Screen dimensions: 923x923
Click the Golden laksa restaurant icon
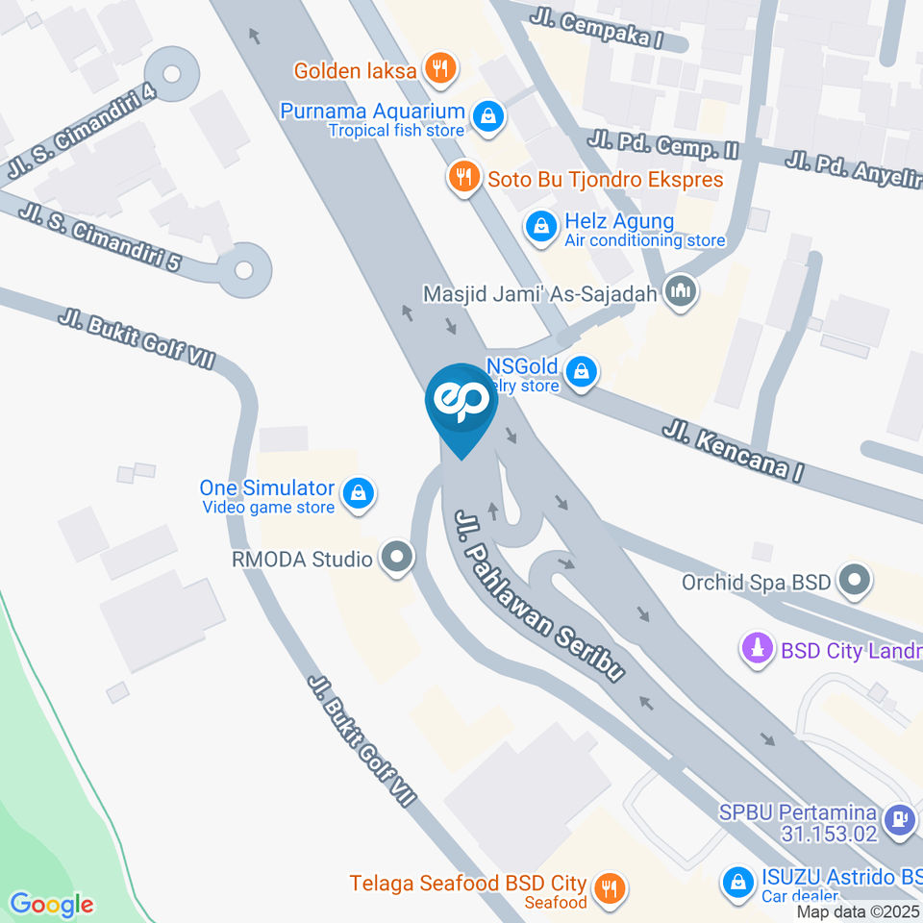(x=441, y=68)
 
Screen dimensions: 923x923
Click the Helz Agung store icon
(x=541, y=228)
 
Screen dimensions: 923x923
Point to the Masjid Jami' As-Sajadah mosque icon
(x=682, y=291)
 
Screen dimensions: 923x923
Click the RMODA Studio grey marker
(x=395, y=558)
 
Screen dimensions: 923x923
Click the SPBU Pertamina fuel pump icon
(x=899, y=820)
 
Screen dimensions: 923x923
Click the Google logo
(x=52, y=904)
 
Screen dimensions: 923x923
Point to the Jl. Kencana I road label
(x=732, y=452)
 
